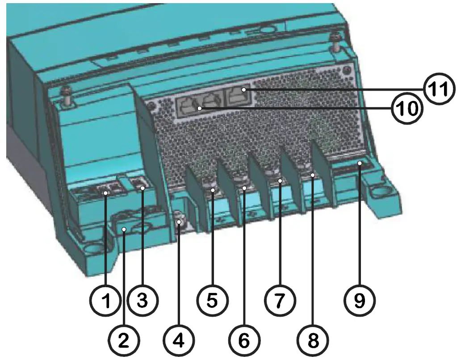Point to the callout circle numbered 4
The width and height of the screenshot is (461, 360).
point(178,341)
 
